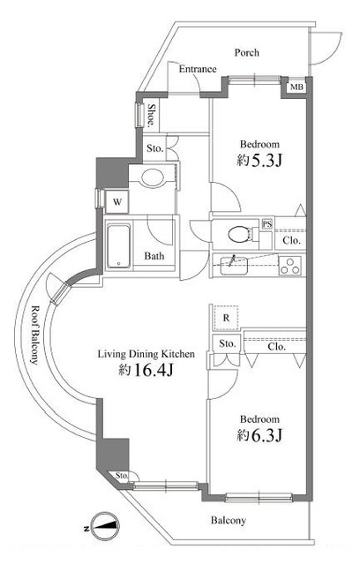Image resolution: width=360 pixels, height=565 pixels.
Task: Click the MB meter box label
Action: [297, 87]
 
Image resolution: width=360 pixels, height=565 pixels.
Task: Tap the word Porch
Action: [246, 53]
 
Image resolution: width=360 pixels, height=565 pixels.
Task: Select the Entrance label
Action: [198, 69]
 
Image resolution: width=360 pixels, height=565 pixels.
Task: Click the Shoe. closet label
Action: [152, 116]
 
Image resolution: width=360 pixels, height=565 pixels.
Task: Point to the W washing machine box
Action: [117, 202]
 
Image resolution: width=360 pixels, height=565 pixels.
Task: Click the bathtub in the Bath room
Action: [118, 246]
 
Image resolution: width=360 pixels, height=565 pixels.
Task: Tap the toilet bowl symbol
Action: [240, 235]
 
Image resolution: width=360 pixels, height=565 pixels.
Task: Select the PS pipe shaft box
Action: [266, 224]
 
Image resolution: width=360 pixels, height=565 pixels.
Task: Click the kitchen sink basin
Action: [234, 265]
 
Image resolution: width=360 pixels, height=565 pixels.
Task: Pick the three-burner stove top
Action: [290, 265]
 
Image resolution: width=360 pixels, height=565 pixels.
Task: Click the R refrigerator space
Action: [226, 318]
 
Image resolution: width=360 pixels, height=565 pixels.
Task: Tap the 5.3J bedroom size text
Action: [259, 161]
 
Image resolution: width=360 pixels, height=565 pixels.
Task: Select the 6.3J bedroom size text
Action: [259, 435]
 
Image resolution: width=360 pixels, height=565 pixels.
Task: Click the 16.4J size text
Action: [146, 370]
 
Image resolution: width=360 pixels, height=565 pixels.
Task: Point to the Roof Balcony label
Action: [34, 335]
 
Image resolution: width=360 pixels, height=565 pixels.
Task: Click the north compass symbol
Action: [105, 526]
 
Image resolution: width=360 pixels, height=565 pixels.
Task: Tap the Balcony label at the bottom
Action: [229, 520]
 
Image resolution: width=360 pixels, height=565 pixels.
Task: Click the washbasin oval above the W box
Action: [153, 177]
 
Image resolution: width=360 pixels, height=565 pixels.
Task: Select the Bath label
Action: [154, 256]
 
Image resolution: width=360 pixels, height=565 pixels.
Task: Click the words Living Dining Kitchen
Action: [146, 354]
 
